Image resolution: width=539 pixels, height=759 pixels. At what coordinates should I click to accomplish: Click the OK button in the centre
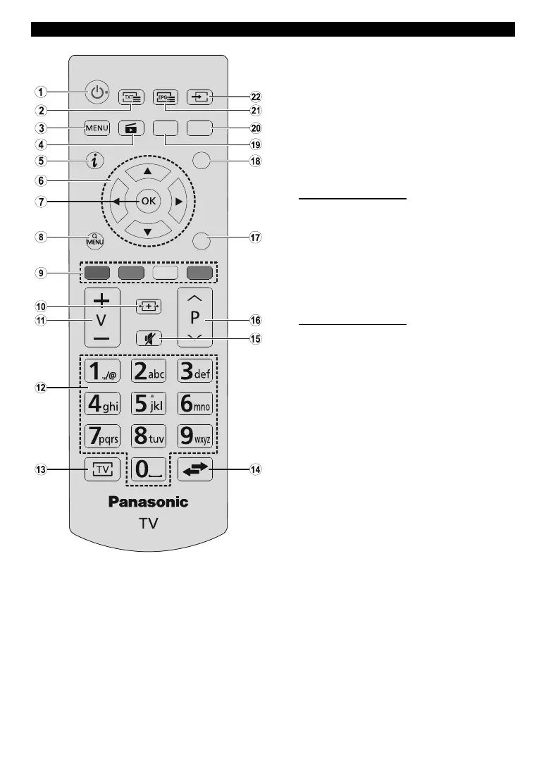[x=148, y=201]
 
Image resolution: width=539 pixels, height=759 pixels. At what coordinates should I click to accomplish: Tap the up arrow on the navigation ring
[x=148, y=171]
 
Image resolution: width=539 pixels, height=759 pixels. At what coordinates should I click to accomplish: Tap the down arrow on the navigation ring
[x=148, y=231]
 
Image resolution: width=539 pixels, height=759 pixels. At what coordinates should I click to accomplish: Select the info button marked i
[x=95, y=161]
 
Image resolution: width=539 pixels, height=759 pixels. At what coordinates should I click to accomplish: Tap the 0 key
[x=148, y=469]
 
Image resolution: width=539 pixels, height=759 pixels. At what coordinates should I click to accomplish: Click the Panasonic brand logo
[x=148, y=502]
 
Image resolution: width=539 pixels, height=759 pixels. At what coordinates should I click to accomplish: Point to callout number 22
[x=255, y=98]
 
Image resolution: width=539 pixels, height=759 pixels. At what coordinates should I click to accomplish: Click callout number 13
[x=42, y=469]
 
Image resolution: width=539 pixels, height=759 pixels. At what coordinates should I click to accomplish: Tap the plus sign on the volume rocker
[x=102, y=298]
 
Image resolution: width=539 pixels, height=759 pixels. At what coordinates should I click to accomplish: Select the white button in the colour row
[x=164, y=273]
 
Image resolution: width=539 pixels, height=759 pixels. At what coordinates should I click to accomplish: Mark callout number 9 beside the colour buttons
[x=42, y=273]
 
